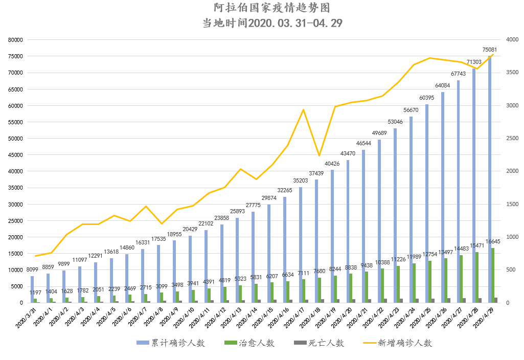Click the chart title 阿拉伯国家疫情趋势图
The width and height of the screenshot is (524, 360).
click(272, 8)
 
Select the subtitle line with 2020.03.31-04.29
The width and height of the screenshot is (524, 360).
click(272, 24)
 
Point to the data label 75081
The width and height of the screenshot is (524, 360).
click(491, 50)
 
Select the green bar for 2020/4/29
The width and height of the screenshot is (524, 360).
click(493, 276)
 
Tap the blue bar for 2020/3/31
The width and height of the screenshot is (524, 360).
click(32, 289)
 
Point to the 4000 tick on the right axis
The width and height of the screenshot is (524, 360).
click(512, 40)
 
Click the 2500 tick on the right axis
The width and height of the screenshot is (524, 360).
click(512, 139)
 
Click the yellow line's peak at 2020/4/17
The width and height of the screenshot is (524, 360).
click(303, 109)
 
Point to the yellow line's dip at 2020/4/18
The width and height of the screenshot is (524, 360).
click(319, 155)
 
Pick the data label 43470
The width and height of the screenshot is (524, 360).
click(348, 154)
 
